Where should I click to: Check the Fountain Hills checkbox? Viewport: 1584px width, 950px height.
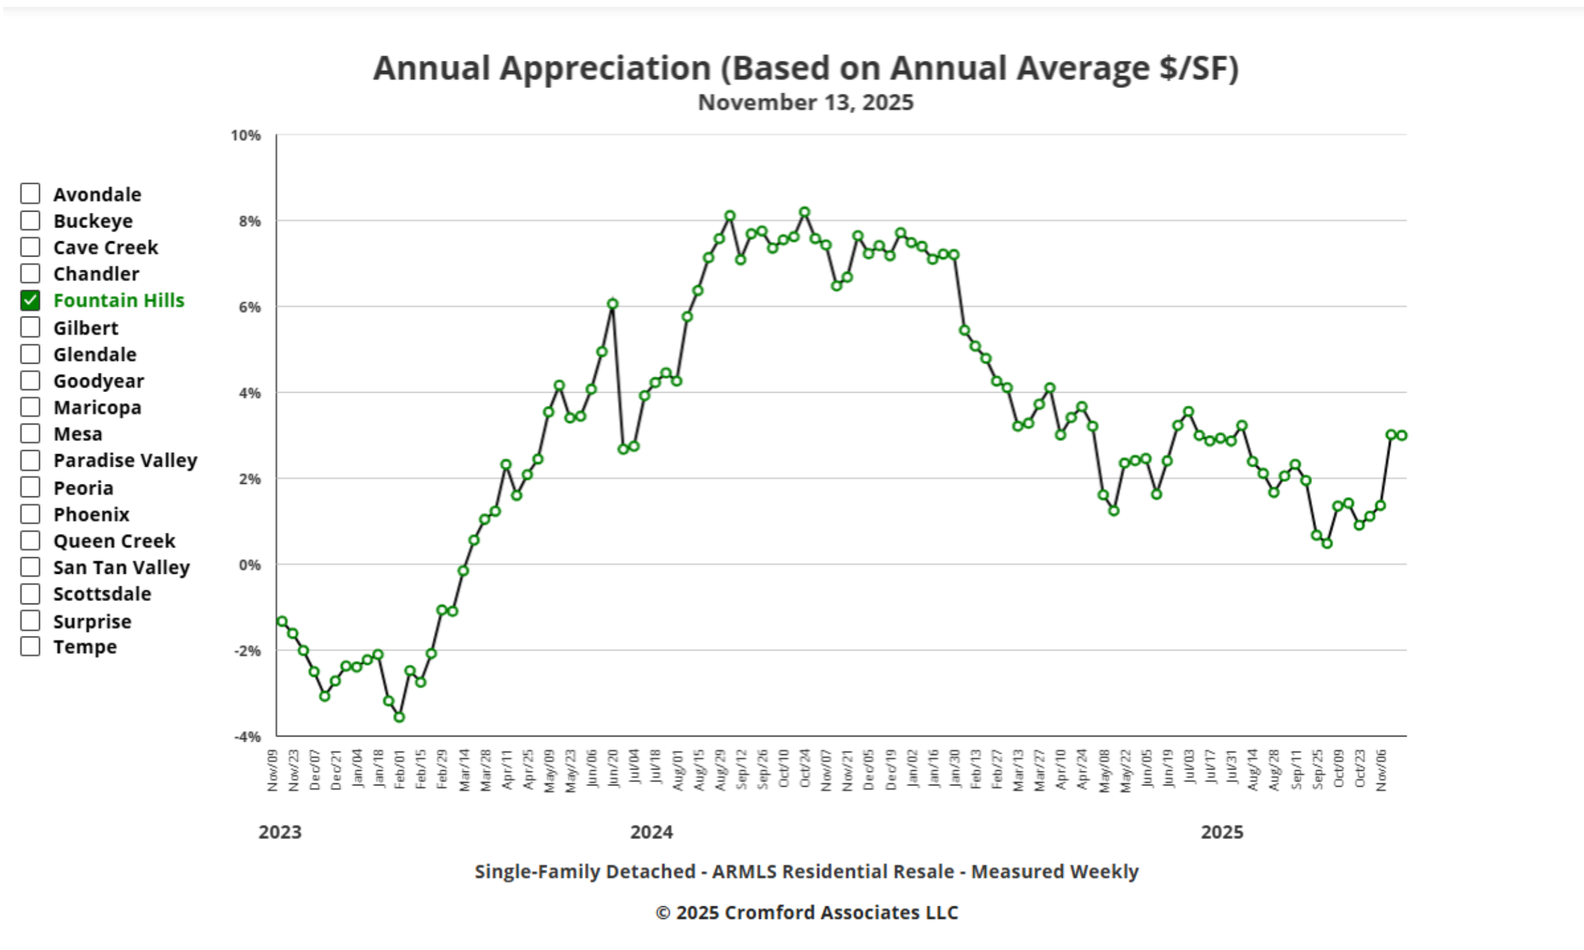pos(30,300)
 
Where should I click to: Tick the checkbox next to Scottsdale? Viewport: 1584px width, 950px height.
pos(30,594)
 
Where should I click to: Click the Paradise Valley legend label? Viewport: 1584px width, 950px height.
pos(125,460)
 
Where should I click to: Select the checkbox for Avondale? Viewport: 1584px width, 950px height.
pos(30,193)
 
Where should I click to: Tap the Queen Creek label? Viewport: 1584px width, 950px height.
pos(114,541)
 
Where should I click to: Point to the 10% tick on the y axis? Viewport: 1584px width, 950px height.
pos(246,136)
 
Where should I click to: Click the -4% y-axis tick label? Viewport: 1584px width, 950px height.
pos(247,737)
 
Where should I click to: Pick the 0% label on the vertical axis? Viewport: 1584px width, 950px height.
pos(250,566)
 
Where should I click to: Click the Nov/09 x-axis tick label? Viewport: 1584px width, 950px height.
pos(273,771)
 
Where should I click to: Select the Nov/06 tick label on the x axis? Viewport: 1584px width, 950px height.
pos(1381,771)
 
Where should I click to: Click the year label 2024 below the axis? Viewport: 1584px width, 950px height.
pos(651,832)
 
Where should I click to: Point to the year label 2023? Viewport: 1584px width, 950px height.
pos(280,832)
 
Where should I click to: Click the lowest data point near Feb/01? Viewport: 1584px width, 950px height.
pos(400,717)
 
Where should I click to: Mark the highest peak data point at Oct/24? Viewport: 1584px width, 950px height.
pos(805,213)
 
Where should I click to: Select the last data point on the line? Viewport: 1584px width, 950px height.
pos(1402,435)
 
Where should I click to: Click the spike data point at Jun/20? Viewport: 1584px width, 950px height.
pos(613,304)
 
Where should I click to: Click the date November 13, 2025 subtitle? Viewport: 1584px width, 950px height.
pos(805,103)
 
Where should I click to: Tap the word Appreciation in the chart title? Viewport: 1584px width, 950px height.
pos(605,68)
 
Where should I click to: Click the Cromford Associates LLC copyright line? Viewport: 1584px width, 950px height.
pos(807,912)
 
